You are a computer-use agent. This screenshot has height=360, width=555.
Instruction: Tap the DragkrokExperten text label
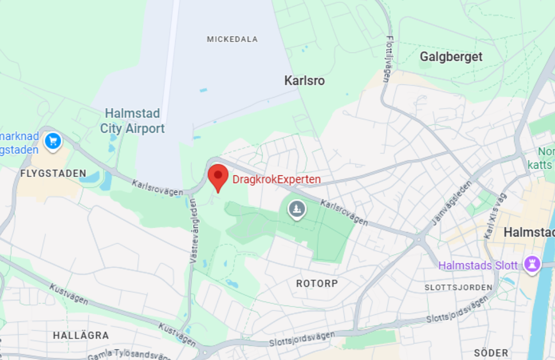coord(276,179)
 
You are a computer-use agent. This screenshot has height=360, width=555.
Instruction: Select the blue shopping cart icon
coord(53,141)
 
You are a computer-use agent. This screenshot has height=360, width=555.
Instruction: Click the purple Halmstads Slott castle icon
coord(531,264)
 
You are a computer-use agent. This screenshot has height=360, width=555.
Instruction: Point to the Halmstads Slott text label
coord(478,266)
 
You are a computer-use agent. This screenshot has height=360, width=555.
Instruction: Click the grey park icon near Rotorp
coord(297,209)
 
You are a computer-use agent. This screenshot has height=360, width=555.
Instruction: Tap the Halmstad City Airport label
coord(133,121)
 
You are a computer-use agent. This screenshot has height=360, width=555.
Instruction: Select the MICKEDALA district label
coord(232,39)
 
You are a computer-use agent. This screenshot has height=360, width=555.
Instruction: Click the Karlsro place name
coord(305,81)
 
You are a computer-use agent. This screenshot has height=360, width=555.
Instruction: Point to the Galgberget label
coord(451,57)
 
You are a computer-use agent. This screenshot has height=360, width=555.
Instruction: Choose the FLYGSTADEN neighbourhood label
coord(53,173)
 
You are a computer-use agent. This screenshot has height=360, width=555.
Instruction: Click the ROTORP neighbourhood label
coord(317,283)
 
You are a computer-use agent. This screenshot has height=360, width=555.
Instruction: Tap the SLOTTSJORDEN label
coord(458,287)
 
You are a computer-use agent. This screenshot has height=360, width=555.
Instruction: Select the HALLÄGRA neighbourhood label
coord(81,335)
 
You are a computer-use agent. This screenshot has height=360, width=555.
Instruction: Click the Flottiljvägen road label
coord(389,58)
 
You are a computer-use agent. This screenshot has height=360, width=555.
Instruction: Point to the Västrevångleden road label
coord(194,231)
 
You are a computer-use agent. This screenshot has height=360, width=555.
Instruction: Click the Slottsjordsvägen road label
coord(302,339)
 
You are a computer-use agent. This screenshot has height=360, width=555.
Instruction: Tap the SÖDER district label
coord(491,353)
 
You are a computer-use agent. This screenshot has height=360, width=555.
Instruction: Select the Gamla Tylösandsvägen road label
coord(128,355)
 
